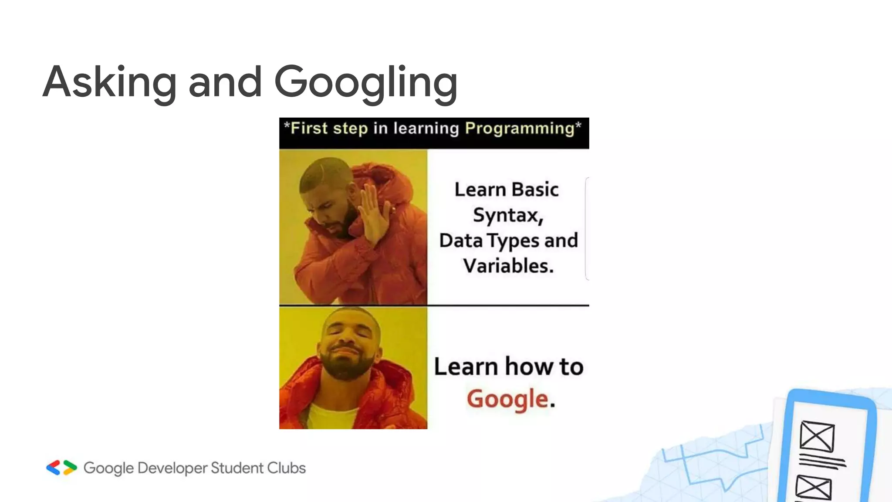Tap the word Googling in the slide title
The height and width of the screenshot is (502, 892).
tap(366, 83)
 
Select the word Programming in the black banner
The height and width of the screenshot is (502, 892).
tap(520, 129)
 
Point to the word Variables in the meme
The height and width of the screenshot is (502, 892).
tap(508, 266)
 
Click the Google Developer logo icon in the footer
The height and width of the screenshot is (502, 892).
tap(61, 468)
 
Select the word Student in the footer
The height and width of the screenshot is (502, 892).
tap(237, 468)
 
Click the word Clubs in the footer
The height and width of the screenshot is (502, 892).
tap(286, 468)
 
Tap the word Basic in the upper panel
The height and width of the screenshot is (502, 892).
tap(535, 190)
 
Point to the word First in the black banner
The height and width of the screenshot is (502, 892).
tap(309, 129)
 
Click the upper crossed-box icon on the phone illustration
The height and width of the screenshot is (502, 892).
tap(817, 436)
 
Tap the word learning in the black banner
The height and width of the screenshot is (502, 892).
tap(426, 129)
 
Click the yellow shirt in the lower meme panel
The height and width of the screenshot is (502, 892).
tap(333, 416)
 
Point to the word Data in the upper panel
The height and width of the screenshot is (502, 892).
tap(461, 241)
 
